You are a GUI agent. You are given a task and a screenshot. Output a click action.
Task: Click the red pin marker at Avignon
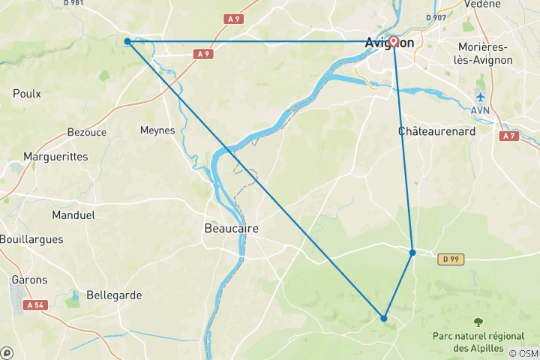click(x=394, y=41)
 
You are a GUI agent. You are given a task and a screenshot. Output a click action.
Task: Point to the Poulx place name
click(x=27, y=94)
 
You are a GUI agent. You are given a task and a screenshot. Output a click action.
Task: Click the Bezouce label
click(x=87, y=132)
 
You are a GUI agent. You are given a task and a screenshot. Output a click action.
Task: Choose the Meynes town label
click(x=157, y=130)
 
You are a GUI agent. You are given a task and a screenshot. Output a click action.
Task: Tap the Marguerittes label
click(x=55, y=157)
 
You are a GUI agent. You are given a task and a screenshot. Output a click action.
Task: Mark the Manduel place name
click(x=73, y=214)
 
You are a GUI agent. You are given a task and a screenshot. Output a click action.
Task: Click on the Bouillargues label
click(x=32, y=239)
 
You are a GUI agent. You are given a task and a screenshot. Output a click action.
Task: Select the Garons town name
click(x=29, y=280)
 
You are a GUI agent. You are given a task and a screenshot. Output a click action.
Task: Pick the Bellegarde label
click(x=114, y=295)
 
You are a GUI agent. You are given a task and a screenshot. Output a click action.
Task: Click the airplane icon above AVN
click(x=480, y=97)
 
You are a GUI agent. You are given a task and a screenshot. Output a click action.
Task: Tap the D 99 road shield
click(x=450, y=259)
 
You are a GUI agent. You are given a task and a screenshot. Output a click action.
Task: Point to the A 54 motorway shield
click(x=35, y=305)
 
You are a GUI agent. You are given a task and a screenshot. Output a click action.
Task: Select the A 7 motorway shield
click(x=509, y=136)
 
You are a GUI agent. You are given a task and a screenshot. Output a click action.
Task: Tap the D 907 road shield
click(x=435, y=17)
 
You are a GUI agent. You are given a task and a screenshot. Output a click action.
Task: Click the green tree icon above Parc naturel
click(x=478, y=322)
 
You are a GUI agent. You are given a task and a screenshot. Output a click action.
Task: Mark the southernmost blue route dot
click(x=384, y=319)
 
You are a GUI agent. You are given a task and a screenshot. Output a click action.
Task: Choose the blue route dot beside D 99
click(x=412, y=253)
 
